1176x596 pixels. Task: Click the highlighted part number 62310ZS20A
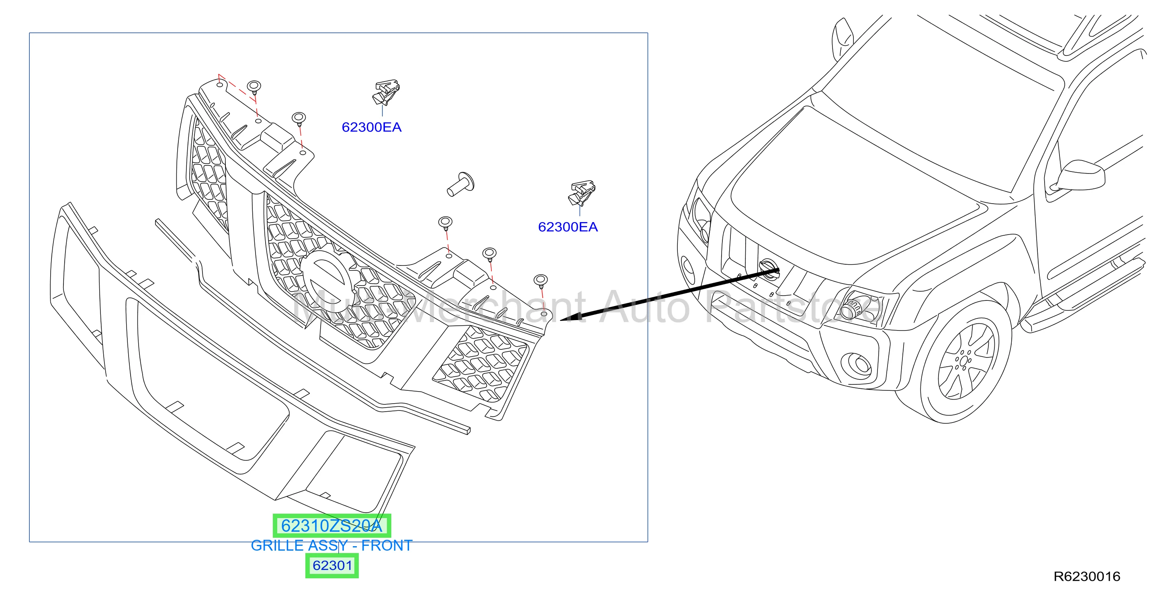click(x=331, y=526)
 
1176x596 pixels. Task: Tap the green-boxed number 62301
click(x=332, y=565)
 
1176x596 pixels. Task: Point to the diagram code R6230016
click(x=1086, y=576)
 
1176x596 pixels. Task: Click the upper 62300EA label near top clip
click(x=372, y=127)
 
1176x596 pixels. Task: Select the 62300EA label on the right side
click(x=568, y=227)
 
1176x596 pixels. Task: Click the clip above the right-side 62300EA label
click(x=582, y=193)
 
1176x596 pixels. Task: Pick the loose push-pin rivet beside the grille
click(x=460, y=184)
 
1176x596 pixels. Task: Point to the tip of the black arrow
click(x=560, y=319)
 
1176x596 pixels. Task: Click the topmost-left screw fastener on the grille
click(x=254, y=86)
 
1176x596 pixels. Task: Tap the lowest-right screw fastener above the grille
click(x=540, y=280)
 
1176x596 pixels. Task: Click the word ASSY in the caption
click(x=328, y=545)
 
